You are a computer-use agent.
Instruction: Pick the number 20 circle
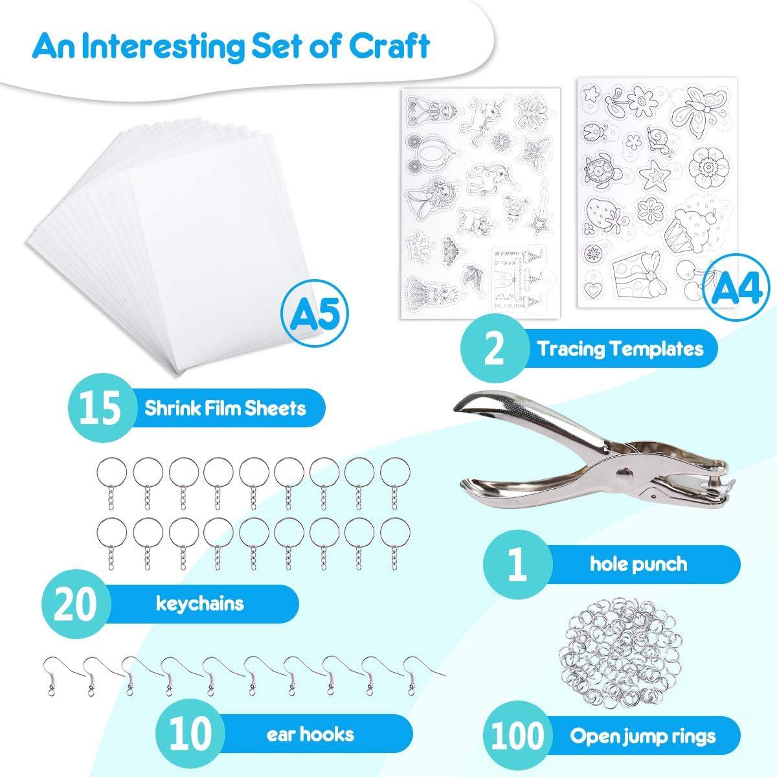point(76,604)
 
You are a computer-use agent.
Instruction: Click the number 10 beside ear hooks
point(192,734)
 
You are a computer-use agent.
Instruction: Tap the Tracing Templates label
point(620,350)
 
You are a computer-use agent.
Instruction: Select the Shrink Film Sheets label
point(225,409)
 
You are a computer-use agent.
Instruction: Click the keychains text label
point(200,603)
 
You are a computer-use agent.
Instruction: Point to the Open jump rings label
point(643,736)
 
